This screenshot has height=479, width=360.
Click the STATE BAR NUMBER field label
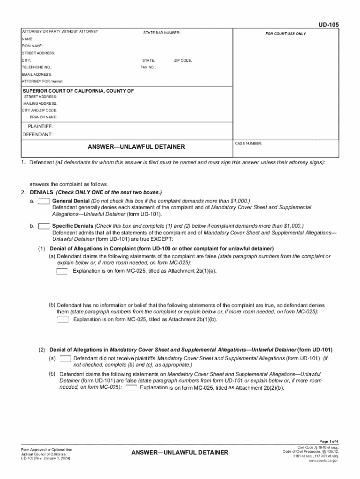162,33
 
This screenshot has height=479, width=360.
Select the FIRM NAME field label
32,46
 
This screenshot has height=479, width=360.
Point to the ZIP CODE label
183,61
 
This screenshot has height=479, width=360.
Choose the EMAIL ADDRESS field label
36,74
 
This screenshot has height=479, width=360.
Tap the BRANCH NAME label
43,117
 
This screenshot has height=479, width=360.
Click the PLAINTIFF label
40,127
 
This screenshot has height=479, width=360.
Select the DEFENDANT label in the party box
37,134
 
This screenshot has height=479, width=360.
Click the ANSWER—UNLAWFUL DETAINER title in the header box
136,147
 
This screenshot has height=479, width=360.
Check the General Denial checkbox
44,201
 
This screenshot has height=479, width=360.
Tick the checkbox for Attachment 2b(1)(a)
62,271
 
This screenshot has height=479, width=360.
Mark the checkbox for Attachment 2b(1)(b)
63,320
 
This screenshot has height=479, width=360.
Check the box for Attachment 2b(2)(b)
131,388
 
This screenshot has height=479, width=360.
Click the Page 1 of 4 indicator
329,442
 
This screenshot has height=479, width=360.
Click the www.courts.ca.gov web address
324,461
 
